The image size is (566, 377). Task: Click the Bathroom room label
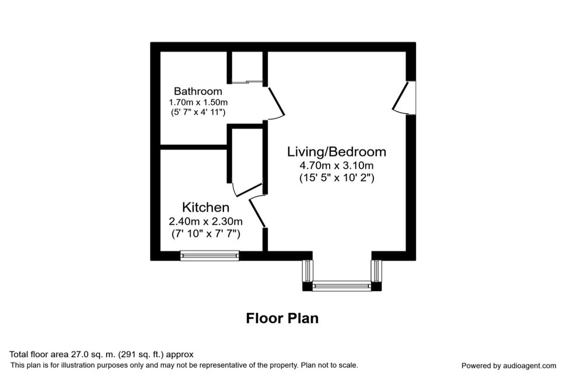tap(198, 91)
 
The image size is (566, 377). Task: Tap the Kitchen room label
tap(205, 207)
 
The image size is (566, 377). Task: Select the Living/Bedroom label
tap(336, 152)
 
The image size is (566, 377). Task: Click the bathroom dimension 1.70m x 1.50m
tap(198, 102)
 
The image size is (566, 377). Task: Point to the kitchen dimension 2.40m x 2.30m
tap(205, 221)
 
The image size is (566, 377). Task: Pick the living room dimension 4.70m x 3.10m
tap(336, 166)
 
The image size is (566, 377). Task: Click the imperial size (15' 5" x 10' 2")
tap(336, 177)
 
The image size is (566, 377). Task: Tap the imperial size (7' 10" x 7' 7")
tap(205, 233)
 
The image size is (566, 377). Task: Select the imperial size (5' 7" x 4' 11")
tap(198, 112)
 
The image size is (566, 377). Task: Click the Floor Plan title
tap(282, 318)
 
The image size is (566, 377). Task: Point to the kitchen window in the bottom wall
tap(209, 255)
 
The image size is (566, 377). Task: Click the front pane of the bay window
tap(341, 286)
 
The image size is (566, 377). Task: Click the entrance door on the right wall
tap(405, 96)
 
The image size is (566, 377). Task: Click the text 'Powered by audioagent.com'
tap(508, 366)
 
